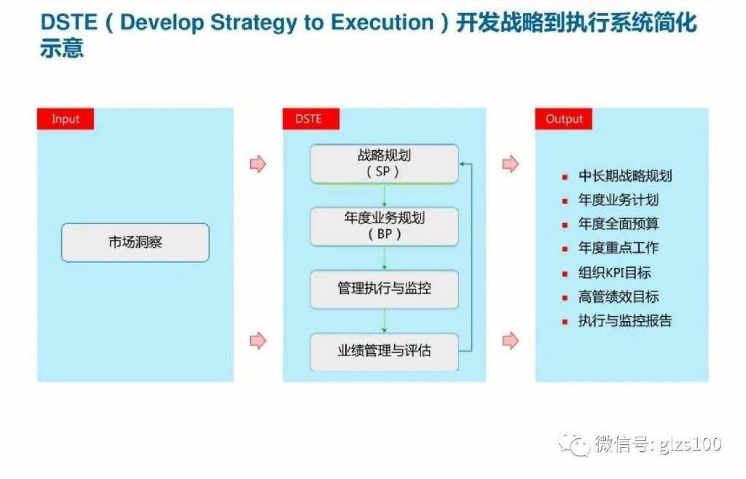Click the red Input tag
point(65,119)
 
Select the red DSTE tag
point(307,119)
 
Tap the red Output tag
point(564,119)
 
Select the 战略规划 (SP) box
point(384,164)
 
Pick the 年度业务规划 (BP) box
point(384,226)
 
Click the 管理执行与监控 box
point(384,288)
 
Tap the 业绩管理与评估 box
point(384,351)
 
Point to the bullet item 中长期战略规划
point(625,176)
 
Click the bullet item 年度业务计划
point(619,200)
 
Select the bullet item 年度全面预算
point(619,224)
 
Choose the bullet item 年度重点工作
point(619,248)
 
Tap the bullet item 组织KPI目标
point(615,273)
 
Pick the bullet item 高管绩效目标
point(619,297)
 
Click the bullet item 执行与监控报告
point(625,321)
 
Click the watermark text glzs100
point(689,443)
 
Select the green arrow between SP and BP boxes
point(384,195)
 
